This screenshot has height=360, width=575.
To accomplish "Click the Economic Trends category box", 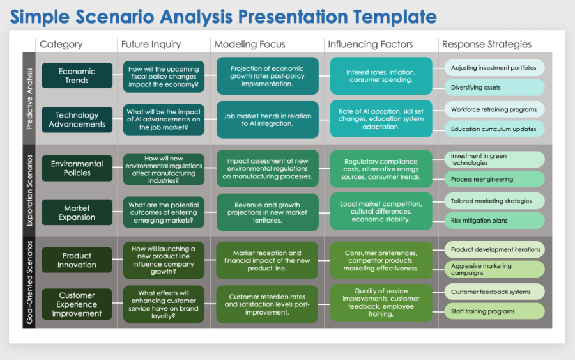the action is click(x=77, y=75).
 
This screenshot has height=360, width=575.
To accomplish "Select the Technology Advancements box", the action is click(x=77, y=120).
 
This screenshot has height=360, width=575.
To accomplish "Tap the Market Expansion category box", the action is click(x=77, y=212).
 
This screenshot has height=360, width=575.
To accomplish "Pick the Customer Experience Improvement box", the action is click(x=77, y=304).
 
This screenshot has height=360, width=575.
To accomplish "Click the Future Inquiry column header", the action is click(x=151, y=44).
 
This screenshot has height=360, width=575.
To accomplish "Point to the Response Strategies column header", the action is click(x=487, y=44).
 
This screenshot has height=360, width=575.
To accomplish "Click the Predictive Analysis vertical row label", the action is click(x=29, y=98).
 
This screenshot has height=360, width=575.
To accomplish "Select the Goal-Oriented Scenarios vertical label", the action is click(x=29, y=282).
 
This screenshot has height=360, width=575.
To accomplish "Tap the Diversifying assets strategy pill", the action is click(x=494, y=88).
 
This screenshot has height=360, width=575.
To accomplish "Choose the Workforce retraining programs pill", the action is click(x=494, y=109).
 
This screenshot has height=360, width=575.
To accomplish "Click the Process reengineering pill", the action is click(x=494, y=179).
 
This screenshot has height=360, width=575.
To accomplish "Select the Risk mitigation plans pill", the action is click(x=494, y=221).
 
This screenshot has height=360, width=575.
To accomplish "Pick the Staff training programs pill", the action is click(x=494, y=311).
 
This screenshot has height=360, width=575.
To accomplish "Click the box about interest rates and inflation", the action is click(x=381, y=76).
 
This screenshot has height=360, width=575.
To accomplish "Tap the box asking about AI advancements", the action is click(x=164, y=120).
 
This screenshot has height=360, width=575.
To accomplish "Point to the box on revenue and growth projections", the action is click(x=267, y=212).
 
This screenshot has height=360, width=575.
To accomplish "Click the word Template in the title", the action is click(x=395, y=17).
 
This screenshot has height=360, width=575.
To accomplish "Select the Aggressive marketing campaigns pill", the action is click(x=494, y=269).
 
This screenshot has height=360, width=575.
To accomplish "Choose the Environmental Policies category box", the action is click(x=77, y=168).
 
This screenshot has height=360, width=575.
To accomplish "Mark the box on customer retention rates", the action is click(x=267, y=304).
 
